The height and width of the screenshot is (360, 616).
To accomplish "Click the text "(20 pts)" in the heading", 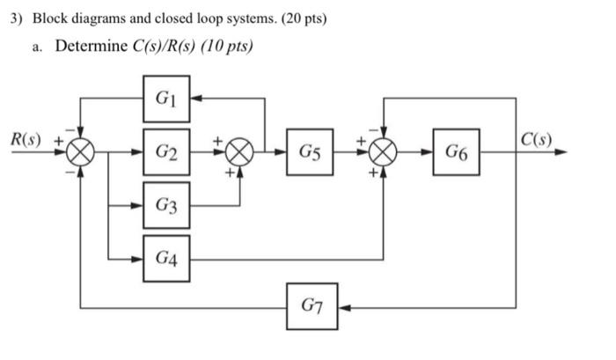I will [x=298, y=18].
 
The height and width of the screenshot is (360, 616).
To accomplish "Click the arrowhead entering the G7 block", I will [x=344, y=308].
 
